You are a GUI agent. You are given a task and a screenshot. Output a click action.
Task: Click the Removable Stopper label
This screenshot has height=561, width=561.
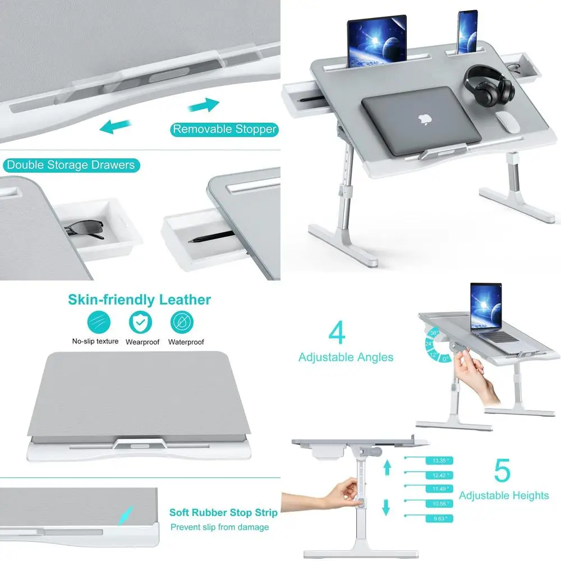click(x=224, y=129)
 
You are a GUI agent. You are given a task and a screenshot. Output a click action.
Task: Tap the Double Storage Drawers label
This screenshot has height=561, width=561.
click(x=71, y=165)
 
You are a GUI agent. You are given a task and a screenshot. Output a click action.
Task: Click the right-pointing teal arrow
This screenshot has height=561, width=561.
click(x=203, y=105)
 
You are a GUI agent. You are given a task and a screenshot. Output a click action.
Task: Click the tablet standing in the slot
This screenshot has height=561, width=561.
click(x=376, y=41)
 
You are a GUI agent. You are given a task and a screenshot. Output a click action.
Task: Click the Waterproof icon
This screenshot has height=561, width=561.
click(x=183, y=322)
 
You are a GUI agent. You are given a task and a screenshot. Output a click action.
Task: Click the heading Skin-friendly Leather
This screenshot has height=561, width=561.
click(x=139, y=300)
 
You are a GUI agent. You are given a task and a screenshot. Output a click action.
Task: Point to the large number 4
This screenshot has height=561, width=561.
click(x=337, y=333)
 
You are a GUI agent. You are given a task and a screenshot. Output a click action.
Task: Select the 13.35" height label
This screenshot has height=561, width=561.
click(x=439, y=461)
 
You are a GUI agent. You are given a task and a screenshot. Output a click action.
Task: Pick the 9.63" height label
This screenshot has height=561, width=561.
click(x=439, y=519)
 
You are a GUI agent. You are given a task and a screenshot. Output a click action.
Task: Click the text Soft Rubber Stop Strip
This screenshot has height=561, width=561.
click(x=223, y=513)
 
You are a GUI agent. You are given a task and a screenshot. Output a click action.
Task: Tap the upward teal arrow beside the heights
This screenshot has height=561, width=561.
click(x=386, y=467)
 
